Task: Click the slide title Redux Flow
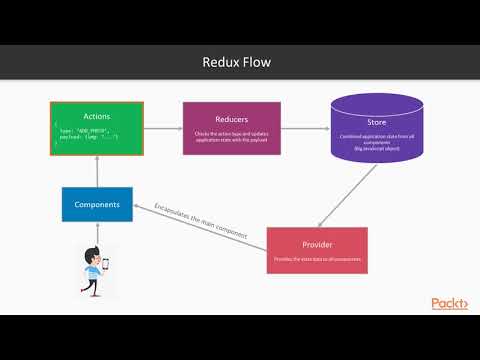click(x=239, y=63)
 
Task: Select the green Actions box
click(x=97, y=128)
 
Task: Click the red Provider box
click(x=317, y=250)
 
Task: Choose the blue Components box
click(x=97, y=204)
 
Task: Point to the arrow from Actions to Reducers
click(x=163, y=127)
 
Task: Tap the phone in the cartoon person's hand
click(x=104, y=265)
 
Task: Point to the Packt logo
click(x=450, y=303)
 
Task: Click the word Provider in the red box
click(x=316, y=244)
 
